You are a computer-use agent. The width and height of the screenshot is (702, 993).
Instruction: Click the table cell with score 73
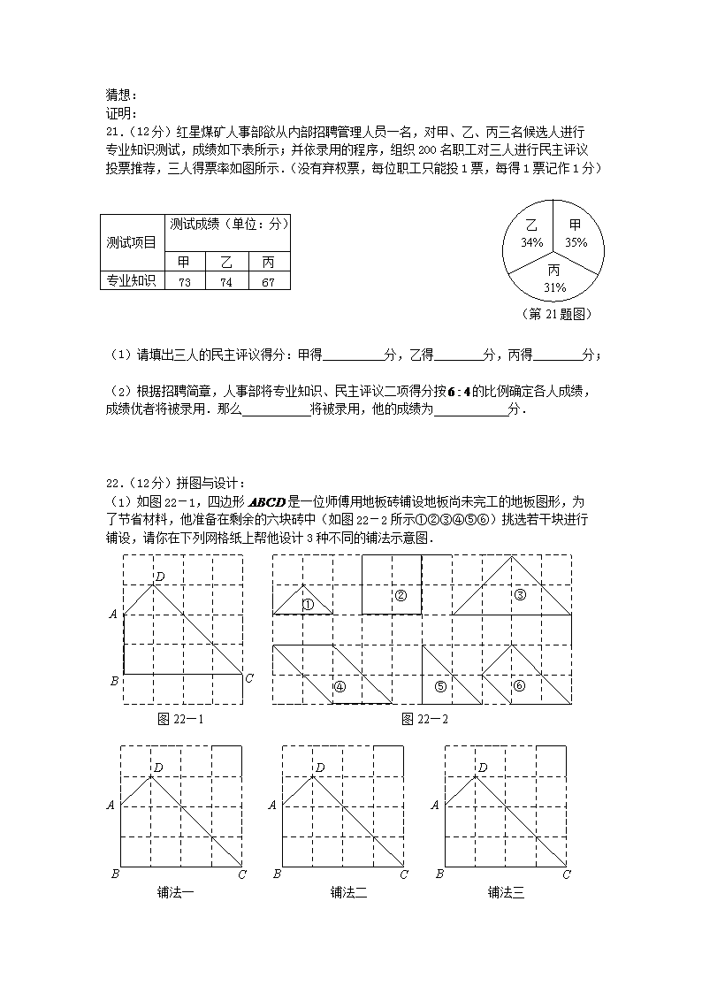(x=184, y=282)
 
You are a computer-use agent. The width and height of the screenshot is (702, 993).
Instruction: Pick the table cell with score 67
(x=269, y=282)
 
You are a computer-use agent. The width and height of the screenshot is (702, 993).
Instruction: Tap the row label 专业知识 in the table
(x=132, y=281)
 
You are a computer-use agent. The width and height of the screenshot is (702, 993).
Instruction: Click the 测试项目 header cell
(x=132, y=242)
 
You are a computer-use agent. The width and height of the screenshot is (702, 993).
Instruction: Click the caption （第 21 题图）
(x=557, y=314)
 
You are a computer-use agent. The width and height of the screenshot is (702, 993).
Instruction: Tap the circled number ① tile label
(x=309, y=606)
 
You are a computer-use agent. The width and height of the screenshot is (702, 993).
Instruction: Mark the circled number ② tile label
(x=401, y=595)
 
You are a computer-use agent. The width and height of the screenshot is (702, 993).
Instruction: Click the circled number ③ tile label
(x=520, y=594)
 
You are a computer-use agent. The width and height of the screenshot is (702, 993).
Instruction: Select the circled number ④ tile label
(x=340, y=686)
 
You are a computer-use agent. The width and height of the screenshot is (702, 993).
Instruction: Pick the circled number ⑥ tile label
(x=520, y=685)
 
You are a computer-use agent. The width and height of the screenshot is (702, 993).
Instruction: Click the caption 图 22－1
(x=179, y=719)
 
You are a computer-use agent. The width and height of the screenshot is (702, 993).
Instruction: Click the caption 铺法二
(x=348, y=892)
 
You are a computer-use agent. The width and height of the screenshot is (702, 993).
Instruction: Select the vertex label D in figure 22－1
(x=159, y=577)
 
